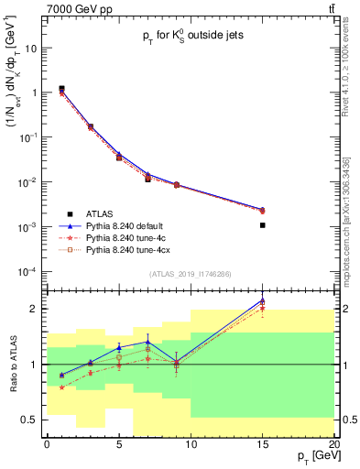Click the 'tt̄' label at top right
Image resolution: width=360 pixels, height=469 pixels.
coord(329,9)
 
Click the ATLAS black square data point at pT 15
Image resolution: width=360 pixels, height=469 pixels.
coord(263,224)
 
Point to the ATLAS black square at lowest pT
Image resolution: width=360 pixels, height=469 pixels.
coord(61,89)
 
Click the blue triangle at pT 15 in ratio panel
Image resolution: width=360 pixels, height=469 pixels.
coord(263,300)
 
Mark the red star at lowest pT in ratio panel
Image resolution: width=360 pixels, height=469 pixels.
coord(61,387)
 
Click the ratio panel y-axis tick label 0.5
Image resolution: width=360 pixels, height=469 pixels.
coord(34,420)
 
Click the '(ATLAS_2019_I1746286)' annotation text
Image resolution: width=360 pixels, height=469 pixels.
coord(189,274)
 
